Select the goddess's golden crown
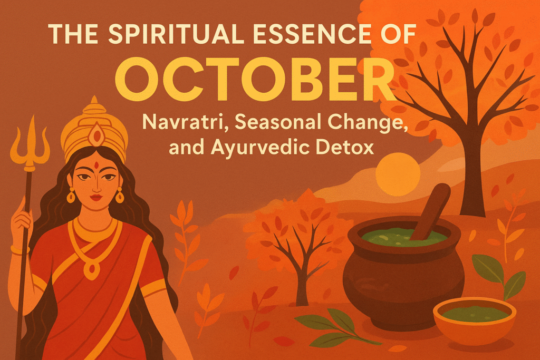(x=94, y=127)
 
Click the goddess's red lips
(x=95, y=198)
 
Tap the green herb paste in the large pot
(x=401, y=238)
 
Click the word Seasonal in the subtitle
(x=269, y=123)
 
